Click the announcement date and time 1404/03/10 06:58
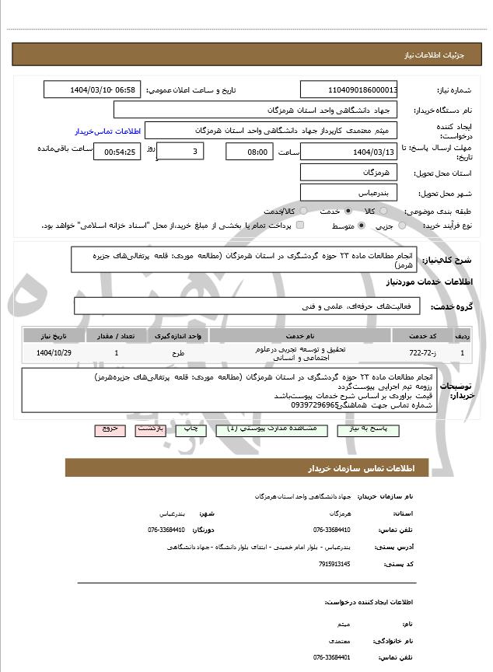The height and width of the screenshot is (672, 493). coord(92,89)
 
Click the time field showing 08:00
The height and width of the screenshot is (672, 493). coord(249,152)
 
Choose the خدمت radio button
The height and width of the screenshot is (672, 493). coord(347,211)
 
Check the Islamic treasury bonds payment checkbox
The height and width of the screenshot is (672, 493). coord(300,226)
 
